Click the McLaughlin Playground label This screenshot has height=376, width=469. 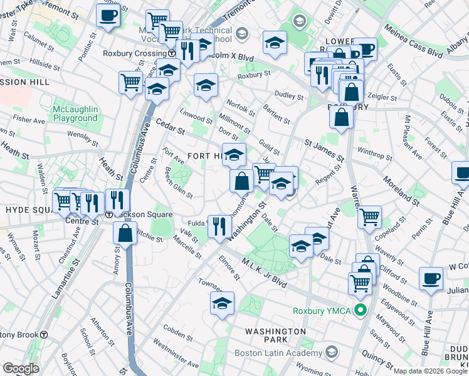click(75, 113)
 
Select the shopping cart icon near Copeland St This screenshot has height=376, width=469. click(370, 217)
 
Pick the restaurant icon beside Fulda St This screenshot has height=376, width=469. click(218, 226)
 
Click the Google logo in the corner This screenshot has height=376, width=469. click(21, 368)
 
